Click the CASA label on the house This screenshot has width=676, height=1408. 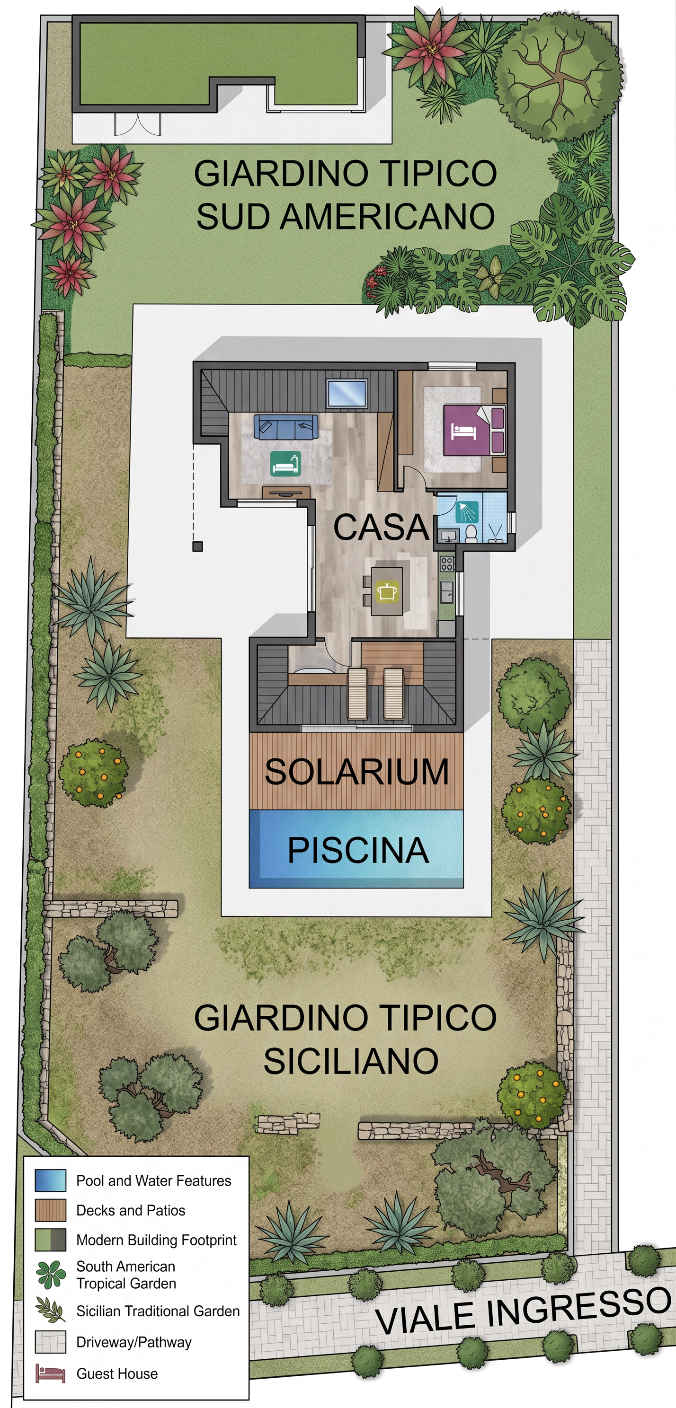point(381,528)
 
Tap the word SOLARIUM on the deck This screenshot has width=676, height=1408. point(356,771)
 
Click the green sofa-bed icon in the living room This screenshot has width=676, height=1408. point(285,463)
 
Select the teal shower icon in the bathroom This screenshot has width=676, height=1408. point(467,511)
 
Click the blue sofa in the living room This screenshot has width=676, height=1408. point(286,426)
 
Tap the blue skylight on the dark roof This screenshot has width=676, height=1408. point(346,394)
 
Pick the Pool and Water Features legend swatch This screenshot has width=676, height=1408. point(50,1180)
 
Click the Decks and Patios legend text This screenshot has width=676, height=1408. point(131,1210)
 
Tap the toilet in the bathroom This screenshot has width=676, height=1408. point(471,534)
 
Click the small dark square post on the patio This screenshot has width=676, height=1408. point(198,546)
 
